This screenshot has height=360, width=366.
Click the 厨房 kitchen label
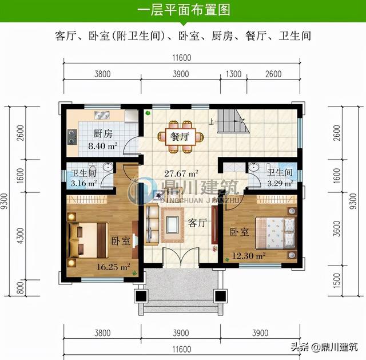(x=103, y=134)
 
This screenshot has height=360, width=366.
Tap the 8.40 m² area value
(x=103, y=146)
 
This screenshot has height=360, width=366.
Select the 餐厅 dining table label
(x=180, y=137)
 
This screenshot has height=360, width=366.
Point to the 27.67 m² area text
(x=181, y=173)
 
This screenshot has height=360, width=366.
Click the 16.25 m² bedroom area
(x=113, y=267)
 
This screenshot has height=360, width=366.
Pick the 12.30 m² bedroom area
(x=249, y=256)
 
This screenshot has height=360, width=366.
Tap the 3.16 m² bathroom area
(x=84, y=183)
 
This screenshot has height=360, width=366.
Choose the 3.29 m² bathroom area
(x=280, y=183)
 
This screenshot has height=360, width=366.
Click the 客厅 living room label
(x=197, y=223)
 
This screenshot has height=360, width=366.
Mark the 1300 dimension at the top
(x=234, y=74)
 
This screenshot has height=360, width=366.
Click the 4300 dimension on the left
(x=21, y=236)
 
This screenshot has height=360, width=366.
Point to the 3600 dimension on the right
(x=337, y=228)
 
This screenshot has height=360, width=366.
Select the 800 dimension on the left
(x=21, y=288)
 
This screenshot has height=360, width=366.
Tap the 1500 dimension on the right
(x=337, y=280)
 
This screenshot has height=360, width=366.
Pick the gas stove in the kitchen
(x=72, y=137)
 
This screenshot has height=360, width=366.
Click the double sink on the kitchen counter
(x=102, y=115)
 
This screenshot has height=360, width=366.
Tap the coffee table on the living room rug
(x=173, y=224)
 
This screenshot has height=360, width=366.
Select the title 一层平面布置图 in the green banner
(x=184, y=10)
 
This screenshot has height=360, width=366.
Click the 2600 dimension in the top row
(x=273, y=74)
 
